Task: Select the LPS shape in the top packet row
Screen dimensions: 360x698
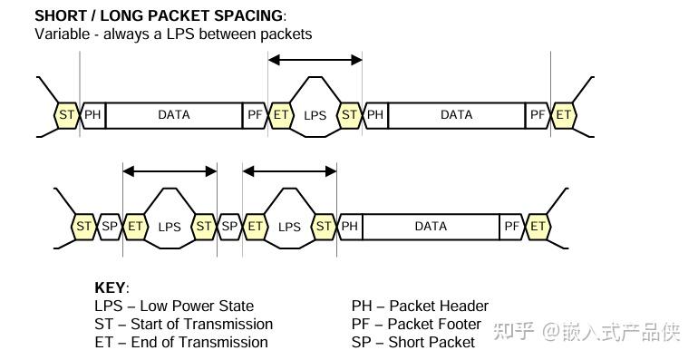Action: coord(315,115)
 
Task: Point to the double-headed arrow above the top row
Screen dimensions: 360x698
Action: coord(315,60)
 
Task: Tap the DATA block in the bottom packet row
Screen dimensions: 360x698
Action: coord(431,227)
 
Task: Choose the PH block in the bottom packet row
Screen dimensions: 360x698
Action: coord(350,227)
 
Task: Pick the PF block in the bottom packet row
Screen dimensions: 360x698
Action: coord(512,227)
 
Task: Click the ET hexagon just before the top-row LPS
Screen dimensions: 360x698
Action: coord(282,115)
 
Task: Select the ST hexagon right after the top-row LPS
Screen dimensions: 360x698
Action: coord(349,115)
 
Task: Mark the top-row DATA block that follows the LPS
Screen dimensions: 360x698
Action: coord(456,115)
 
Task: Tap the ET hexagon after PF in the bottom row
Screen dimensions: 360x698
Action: coord(538,227)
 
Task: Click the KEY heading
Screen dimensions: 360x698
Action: coord(111,287)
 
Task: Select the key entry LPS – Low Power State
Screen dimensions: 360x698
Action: coord(174,306)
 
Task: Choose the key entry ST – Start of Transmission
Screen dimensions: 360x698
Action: coord(183,324)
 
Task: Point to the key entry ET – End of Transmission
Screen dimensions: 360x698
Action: coord(180,342)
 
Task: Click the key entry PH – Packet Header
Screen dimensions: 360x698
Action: coord(420,306)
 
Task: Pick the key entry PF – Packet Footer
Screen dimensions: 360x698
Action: coord(416,324)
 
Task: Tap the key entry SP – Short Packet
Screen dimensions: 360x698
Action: coord(412,342)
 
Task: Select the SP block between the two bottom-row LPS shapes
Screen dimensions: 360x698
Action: coord(230,227)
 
